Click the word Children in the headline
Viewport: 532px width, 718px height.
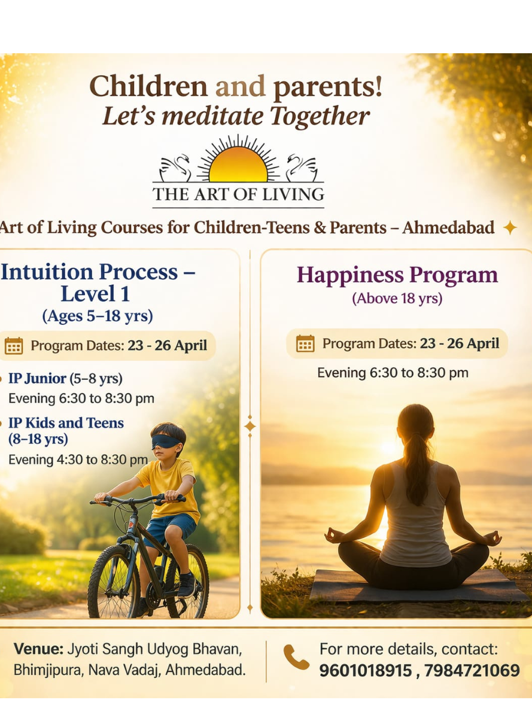tap(148, 87)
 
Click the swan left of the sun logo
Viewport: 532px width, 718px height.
tap(175, 168)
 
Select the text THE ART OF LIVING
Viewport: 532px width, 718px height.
tap(238, 194)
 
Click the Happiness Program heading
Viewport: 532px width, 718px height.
tap(397, 275)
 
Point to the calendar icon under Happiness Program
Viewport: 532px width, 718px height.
tap(305, 343)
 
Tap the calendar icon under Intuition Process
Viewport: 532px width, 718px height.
tap(14, 346)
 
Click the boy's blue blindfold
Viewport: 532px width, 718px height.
tap(165, 442)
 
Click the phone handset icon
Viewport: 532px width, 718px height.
tap(296, 656)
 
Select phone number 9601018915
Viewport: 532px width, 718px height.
tap(366, 671)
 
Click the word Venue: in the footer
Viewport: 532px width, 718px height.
tap(39, 649)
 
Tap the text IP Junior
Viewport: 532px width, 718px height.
tap(37, 379)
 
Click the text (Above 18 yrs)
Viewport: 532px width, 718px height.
tap(397, 299)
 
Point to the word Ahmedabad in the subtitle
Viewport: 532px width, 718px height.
tap(448, 228)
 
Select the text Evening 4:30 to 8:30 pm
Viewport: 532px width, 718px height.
tap(78, 460)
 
